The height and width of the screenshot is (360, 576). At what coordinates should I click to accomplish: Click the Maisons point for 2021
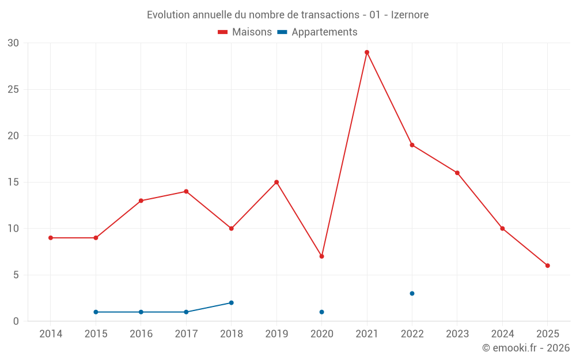[x=367, y=52]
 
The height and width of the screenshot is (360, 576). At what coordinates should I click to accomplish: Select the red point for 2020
[x=321, y=256]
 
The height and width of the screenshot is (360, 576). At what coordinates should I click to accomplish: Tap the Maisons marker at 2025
[x=548, y=266]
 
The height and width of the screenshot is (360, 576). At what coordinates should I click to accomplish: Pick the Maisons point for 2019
[x=276, y=182]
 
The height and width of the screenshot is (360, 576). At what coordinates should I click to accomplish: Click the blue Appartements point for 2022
[x=412, y=293]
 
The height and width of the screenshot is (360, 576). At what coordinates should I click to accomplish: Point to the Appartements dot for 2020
[x=321, y=312]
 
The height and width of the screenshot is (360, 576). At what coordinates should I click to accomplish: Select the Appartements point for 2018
[x=231, y=302]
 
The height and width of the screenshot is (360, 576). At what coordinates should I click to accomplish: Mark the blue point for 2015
[x=96, y=312]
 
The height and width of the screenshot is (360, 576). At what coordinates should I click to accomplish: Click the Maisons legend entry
[x=245, y=32]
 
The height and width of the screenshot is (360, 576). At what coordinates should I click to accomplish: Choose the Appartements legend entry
[x=317, y=32]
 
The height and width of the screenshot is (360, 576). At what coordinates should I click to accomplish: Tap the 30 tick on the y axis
[x=13, y=43]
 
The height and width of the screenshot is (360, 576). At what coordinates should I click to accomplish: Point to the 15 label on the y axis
[x=13, y=182]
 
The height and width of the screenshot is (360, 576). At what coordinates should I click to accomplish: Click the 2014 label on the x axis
[x=51, y=334]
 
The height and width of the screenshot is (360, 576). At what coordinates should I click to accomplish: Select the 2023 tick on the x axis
[x=457, y=334]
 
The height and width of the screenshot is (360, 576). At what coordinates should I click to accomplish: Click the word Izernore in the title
[x=410, y=15]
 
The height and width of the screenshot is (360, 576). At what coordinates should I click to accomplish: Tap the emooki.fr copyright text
[x=526, y=348]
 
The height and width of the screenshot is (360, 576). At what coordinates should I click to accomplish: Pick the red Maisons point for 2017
[x=186, y=191]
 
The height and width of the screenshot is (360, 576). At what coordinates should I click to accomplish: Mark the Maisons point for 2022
[x=412, y=145]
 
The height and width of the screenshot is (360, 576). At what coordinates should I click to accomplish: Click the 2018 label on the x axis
[x=231, y=334]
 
